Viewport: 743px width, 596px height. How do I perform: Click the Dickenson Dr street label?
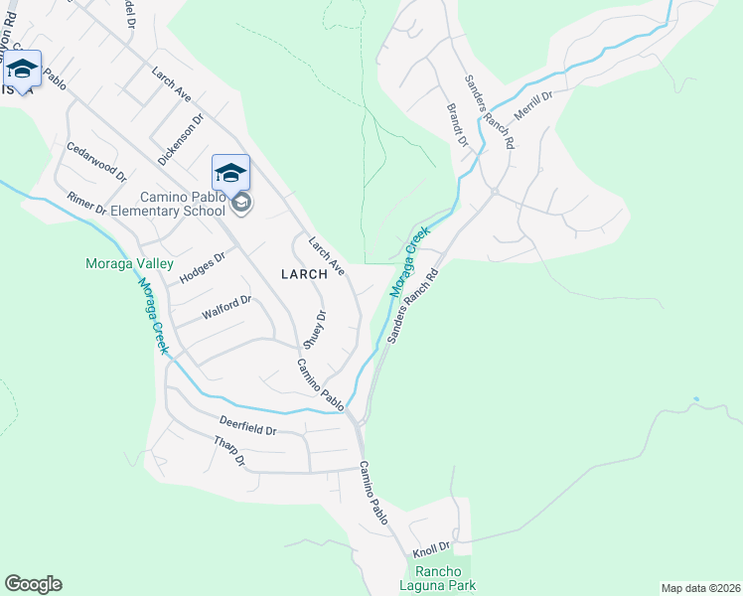click(x=181, y=138)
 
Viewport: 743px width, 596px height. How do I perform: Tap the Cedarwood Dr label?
click(x=96, y=161)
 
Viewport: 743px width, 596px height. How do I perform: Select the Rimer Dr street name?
click(x=86, y=203)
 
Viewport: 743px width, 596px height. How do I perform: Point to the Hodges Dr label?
click(x=203, y=267)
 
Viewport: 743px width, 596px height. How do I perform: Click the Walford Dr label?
click(x=227, y=307)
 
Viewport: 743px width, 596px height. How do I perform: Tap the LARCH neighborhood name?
click(x=304, y=274)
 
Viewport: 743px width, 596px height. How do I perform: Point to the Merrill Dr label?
click(x=532, y=103)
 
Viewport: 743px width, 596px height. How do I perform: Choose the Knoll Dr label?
click(x=431, y=546)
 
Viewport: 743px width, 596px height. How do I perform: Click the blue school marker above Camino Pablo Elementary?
click(x=230, y=174)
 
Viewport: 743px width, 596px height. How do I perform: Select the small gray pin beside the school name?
click(x=241, y=204)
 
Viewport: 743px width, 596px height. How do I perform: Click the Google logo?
click(x=33, y=584)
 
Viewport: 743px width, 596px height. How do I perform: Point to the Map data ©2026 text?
click(x=699, y=588)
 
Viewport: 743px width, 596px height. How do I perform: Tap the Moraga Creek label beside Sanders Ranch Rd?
click(x=409, y=261)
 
